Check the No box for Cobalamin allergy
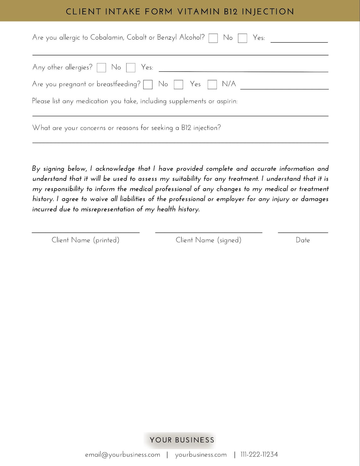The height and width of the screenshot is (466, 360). coord(213,38)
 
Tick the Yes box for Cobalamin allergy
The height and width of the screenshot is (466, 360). coord(243,38)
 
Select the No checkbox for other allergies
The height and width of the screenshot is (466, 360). coord(101,68)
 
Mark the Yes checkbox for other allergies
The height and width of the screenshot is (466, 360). coord(131,68)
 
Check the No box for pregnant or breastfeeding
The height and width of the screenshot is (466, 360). coord(148,84)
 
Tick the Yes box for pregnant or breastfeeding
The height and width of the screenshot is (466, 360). coord(178,84)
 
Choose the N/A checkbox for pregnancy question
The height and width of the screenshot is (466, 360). coord(212,84)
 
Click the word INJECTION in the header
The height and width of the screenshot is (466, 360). coord(268,12)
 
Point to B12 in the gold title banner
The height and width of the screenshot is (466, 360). coord(231,12)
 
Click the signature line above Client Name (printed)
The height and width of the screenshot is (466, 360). coord(86,232)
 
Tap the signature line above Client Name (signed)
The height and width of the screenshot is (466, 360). coord(208,232)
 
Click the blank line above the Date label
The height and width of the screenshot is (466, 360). coord(303,232)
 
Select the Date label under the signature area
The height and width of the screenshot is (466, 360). coord(303,240)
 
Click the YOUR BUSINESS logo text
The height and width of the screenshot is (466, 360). coord(182,440)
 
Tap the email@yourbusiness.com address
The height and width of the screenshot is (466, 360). coord(123,455)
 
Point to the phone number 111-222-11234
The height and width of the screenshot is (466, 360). coord(259,455)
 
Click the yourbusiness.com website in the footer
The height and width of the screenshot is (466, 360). coord(201,455)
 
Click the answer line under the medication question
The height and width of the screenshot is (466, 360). coord(180,116)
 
